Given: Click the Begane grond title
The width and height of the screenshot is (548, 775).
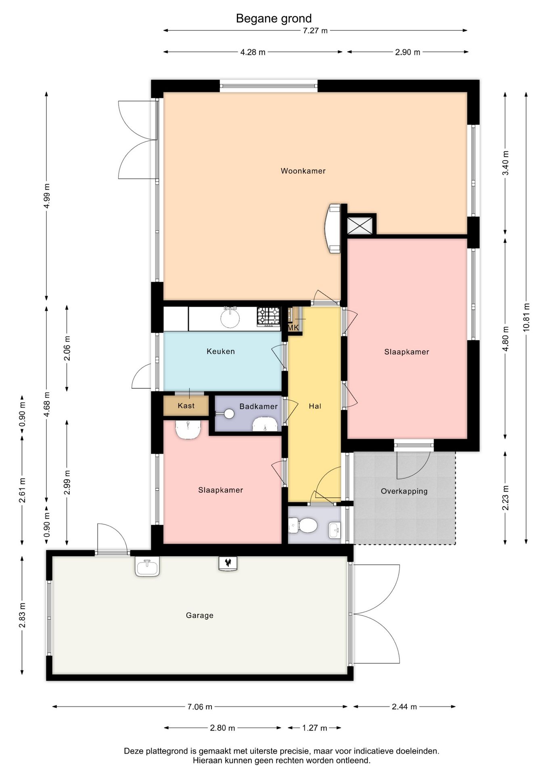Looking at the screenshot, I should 274,19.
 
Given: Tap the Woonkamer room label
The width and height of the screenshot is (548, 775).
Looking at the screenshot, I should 303,171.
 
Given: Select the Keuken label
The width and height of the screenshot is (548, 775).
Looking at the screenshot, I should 221,351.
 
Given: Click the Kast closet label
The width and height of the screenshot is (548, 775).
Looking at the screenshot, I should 186,406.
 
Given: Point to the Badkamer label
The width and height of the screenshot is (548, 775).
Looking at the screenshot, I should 258,406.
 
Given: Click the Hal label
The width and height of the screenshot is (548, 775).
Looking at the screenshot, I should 315,406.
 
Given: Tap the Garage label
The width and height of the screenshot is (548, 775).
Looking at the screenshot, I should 199,615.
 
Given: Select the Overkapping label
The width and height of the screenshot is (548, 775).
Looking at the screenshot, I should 404,491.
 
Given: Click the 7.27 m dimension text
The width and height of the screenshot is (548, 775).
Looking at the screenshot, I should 315,31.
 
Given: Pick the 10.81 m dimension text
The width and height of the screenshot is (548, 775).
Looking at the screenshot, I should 526,317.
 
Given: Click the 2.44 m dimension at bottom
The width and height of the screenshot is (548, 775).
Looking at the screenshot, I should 404,706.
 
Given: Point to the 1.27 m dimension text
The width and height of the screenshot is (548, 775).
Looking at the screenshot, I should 314,728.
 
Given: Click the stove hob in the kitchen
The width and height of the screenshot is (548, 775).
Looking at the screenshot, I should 268,316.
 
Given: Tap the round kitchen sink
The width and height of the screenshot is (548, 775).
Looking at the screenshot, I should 230,317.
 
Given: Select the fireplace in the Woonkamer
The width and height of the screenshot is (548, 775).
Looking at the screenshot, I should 333,228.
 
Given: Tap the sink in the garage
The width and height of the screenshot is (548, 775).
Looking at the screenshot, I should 147,566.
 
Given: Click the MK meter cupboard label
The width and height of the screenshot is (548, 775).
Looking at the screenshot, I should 293,327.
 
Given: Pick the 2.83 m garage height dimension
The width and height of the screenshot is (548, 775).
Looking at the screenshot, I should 23,615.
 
